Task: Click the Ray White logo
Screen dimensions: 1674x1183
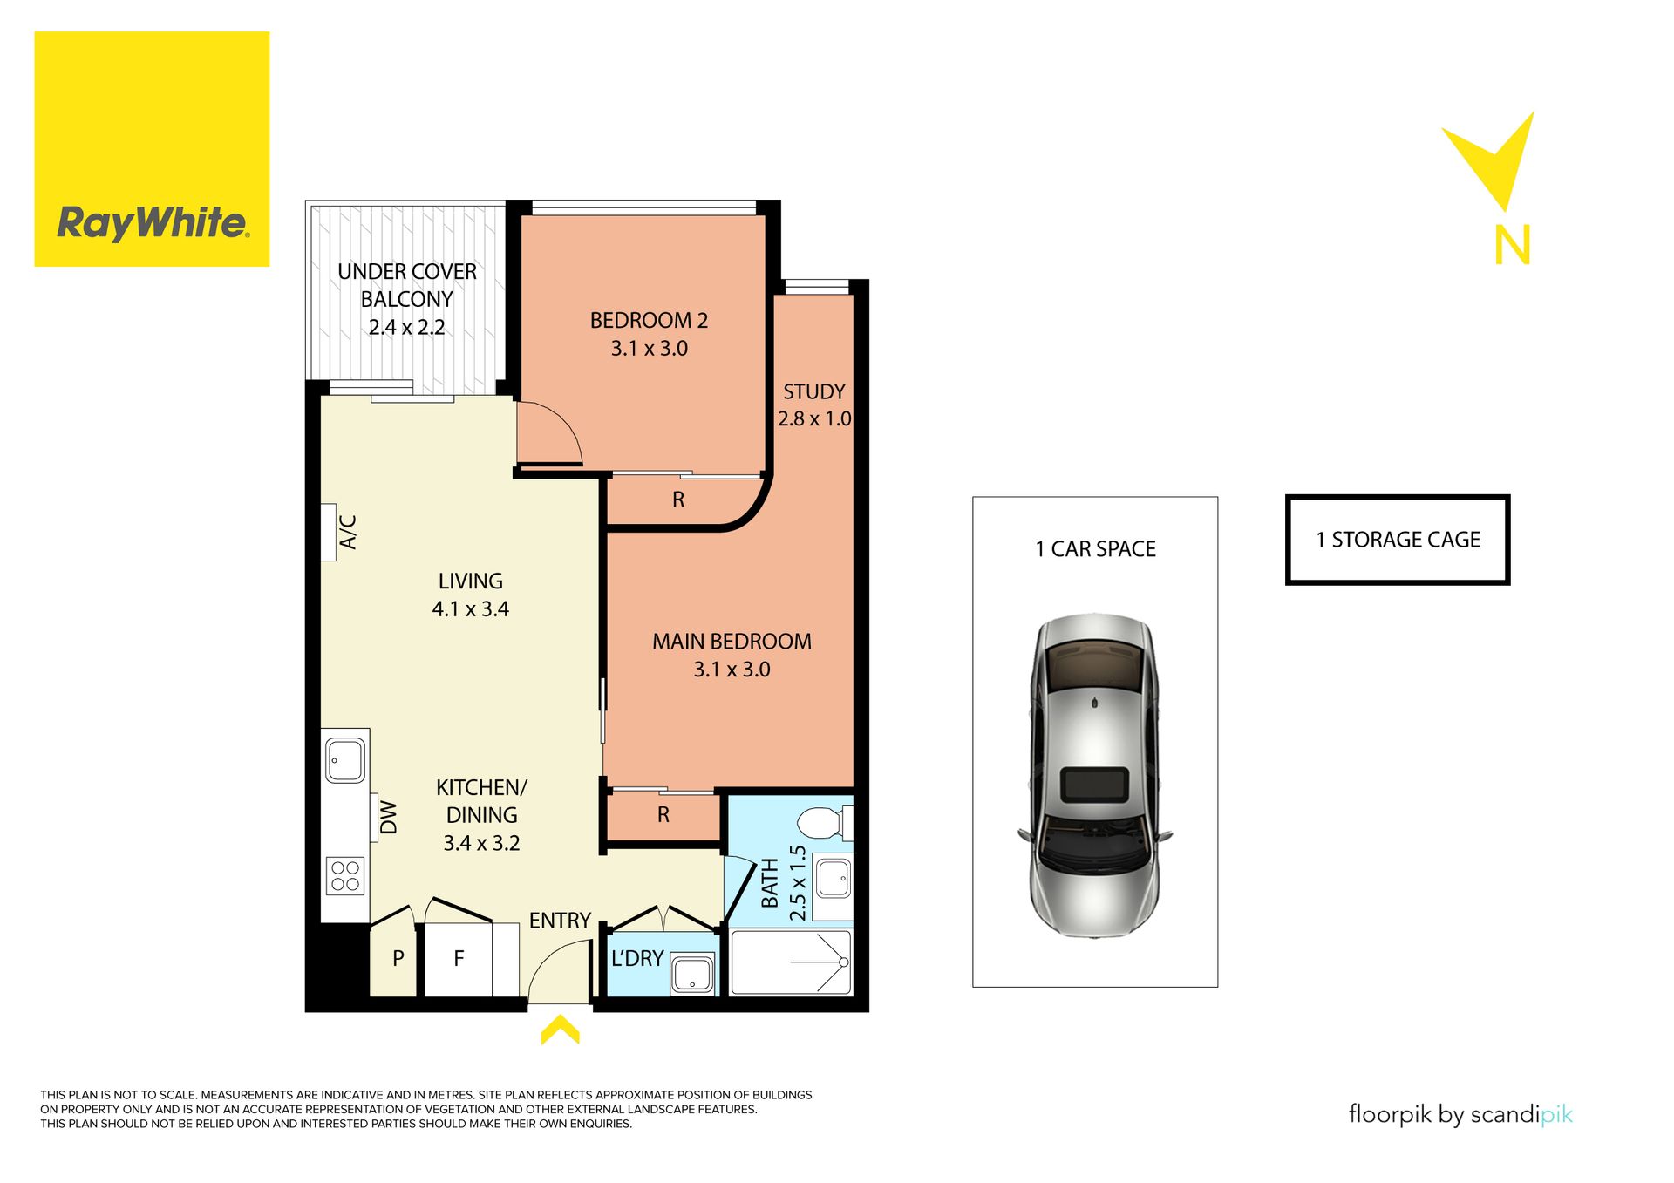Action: [152, 149]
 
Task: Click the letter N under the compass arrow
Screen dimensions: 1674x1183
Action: [1513, 246]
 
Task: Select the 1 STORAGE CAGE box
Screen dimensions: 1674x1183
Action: [1398, 540]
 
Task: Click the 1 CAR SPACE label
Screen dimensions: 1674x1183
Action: [1096, 549]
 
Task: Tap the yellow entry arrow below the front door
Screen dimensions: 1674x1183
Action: [560, 1029]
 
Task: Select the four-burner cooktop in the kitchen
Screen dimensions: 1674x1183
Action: [345, 876]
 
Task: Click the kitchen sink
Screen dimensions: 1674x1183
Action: [345, 760]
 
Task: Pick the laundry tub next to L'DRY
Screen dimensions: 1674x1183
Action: [693, 974]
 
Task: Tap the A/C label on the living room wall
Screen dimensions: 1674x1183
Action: [348, 533]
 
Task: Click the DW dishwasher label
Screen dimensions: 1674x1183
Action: [389, 819]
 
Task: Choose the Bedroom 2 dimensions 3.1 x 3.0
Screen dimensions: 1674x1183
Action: [650, 349]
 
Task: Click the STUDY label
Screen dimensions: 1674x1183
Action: [814, 391]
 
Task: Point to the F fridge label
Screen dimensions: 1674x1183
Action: [459, 959]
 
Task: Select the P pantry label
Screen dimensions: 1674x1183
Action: [398, 959]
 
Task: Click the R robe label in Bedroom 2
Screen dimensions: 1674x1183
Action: [678, 500]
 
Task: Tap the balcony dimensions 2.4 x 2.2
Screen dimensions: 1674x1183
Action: [407, 328]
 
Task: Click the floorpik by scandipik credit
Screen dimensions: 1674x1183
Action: [1461, 1115]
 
